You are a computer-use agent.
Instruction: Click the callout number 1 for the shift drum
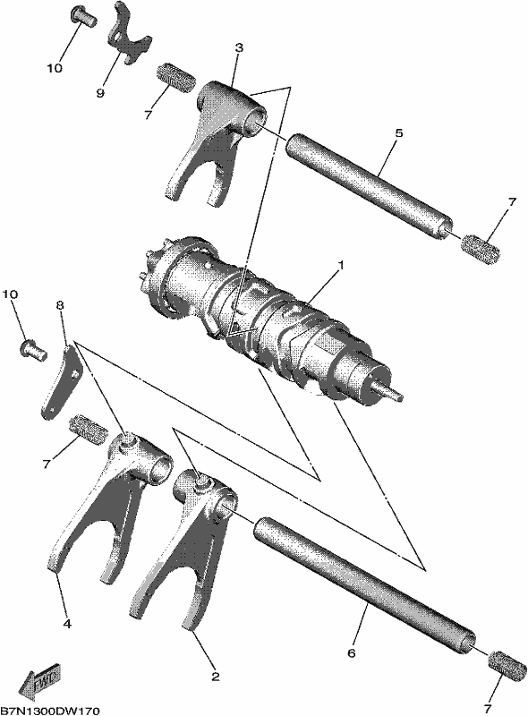point(340,266)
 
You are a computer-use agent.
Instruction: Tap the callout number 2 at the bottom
point(215,677)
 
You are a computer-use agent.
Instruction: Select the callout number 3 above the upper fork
point(239,47)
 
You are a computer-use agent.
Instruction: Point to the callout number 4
point(67,623)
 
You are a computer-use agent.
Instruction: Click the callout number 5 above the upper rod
point(398,133)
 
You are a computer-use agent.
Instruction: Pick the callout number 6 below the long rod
point(351,653)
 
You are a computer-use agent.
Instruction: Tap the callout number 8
point(60,305)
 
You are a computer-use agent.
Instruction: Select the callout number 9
point(100,93)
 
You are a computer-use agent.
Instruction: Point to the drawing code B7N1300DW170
point(50,711)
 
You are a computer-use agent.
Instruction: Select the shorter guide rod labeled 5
point(370,186)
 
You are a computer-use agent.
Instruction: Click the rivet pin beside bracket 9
point(83,14)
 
